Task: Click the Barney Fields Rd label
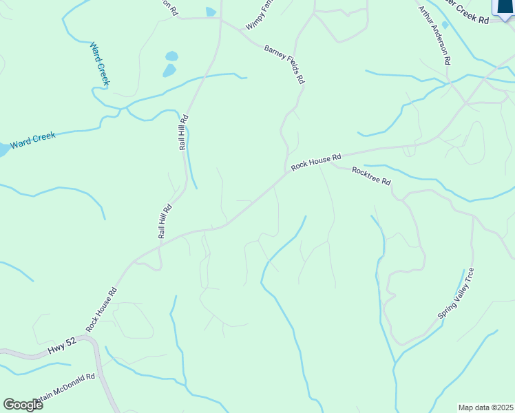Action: [x=284, y=64]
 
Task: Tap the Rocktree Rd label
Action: [x=371, y=176]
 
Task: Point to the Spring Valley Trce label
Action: [x=456, y=293]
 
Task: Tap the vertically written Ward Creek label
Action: [x=100, y=64]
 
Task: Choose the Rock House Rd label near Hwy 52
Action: [x=102, y=307]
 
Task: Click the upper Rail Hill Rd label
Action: [x=183, y=133]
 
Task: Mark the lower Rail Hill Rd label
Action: [x=165, y=222]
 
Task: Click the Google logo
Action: [x=23, y=404]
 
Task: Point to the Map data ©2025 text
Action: [x=485, y=407]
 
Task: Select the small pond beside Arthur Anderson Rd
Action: [x=445, y=25]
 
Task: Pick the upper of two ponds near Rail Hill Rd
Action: [x=171, y=56]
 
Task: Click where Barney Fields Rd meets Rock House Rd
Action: [x=286, y=171]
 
